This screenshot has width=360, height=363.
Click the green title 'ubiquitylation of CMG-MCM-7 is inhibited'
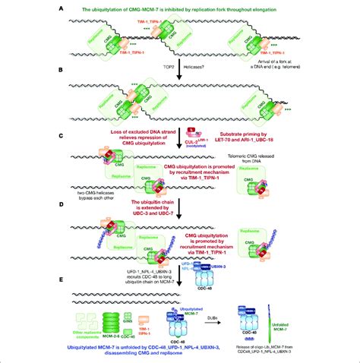tap(179, 7)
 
